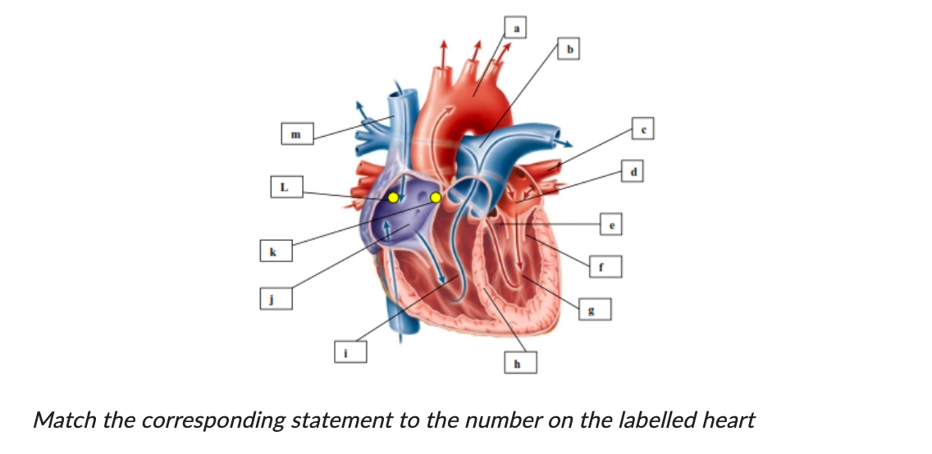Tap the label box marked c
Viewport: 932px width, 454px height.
(x=644, y=128)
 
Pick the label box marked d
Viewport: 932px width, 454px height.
(x=634, y=171)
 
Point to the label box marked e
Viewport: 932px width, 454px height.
(x=611, y=222)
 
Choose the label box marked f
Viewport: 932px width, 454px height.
(x=602, y=266)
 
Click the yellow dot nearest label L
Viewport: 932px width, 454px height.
(x=393, y=197)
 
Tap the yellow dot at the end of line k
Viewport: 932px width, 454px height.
(x=436, y=197)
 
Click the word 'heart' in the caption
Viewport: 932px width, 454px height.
(x=729, y=420)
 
